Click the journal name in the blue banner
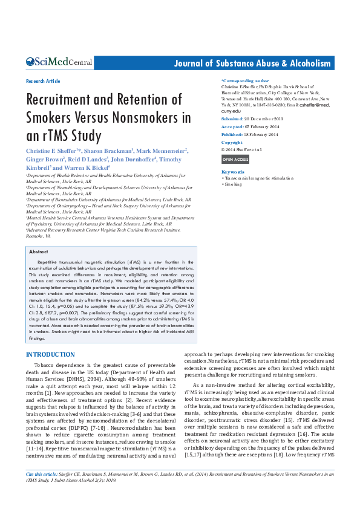click(x=252, y=63)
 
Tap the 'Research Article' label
click(x=43, y=81)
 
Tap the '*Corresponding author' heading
click(x=245, y=80)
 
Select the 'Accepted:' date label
click(x=232, y=127)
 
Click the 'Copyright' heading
click(x=232, y=142)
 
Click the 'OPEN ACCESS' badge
click(x=235, y=160)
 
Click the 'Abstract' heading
click(x=39, y=251)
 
